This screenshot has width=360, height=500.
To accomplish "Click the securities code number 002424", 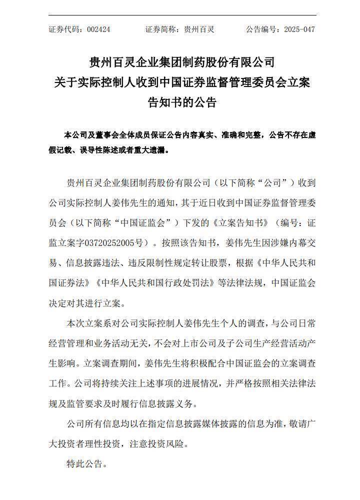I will (x=98, y=29).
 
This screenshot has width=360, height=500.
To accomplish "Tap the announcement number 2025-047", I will (x=299, y=29).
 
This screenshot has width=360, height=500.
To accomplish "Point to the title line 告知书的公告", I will (x=182, y=102).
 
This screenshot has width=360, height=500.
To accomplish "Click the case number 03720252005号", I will (x=118, y=242).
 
